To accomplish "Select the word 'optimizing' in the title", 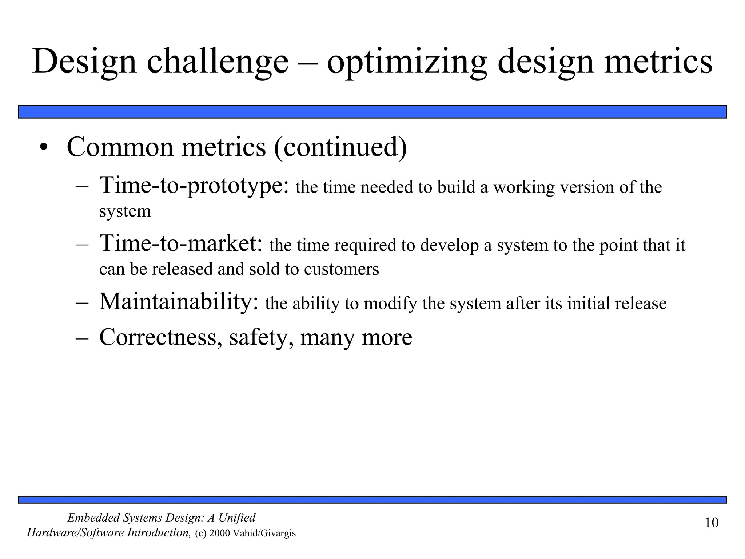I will pyautogui.click(x=407, y=62).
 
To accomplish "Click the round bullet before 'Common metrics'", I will pyautogui.click(x=44, y=148).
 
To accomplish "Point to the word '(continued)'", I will pyautogui.click(x=340, y=147).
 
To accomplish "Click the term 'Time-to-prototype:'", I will pyautogui.click(x=194, y=185).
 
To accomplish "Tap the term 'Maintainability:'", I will pyautogui.click(x=179, y=302).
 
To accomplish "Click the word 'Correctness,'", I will pyautogui.click(x=160, y=337).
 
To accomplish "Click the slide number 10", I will pyautogui.click(x=712, y=523).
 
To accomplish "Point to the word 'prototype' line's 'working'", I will pyautogui.click(x=523, y=187).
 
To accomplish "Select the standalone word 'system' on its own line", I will pyautogui.click(x=125, y=211).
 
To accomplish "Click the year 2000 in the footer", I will pyautogui.click(x=219, y=534).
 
